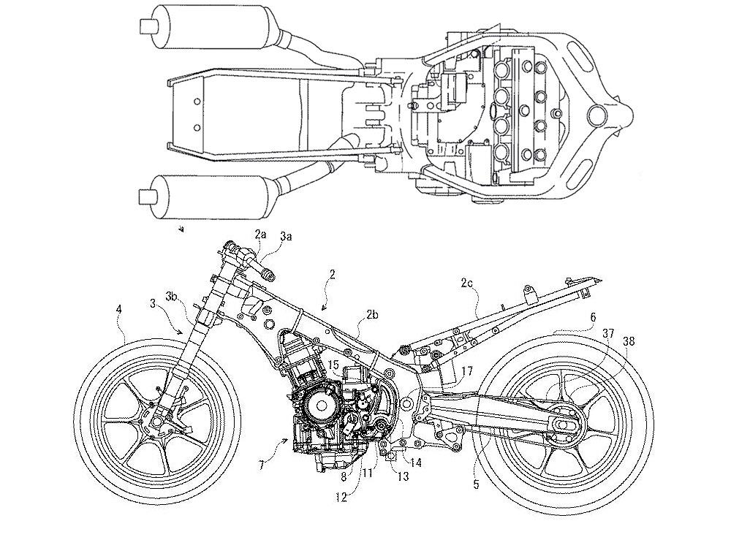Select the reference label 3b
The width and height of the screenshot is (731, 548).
point(172,297)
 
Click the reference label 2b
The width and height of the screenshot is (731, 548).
point(372,315)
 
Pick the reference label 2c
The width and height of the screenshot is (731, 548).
point(466,281)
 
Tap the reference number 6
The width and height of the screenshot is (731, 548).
point(593,318)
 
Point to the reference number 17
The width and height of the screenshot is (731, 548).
point(467,371)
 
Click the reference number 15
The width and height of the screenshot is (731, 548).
point(333,364)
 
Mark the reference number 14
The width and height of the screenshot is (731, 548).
point(415,462)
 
